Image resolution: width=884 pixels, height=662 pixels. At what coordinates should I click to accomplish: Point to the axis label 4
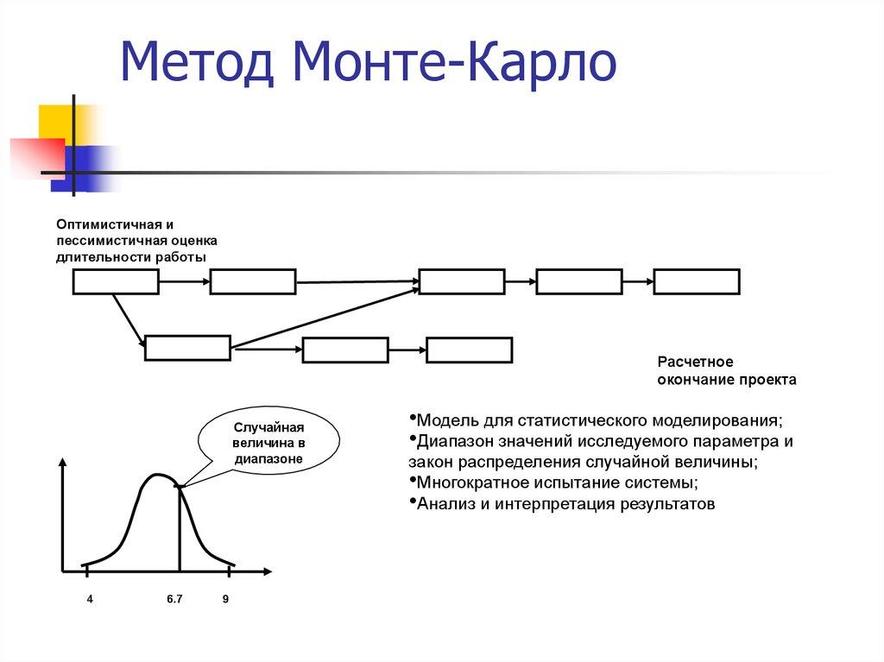pos(90,599)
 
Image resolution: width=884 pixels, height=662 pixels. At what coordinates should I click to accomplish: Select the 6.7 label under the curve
pos(174,599)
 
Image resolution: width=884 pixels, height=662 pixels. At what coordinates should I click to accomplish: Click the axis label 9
pos(225,599)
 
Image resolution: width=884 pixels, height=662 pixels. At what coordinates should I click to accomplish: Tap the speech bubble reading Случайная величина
pos(268,444)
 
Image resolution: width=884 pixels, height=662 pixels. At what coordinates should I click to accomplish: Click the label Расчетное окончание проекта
pos(726,370)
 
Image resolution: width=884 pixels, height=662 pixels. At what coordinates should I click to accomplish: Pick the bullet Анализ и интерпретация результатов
pos(565,504)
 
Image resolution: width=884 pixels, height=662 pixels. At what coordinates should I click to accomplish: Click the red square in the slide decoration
pos(35,157)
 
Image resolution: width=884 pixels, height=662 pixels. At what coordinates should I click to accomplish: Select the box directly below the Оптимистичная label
pos(116,282)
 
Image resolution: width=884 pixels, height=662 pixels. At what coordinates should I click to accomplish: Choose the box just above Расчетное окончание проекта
pos(696,282)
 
